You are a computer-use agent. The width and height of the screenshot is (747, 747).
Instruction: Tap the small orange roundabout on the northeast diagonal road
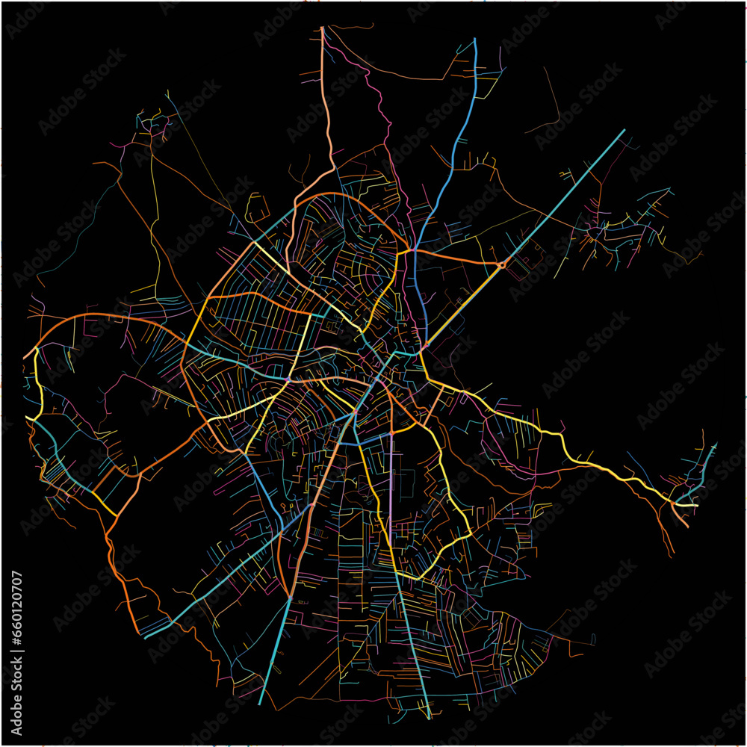(502, 264)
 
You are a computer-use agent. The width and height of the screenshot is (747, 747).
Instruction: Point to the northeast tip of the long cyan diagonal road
(623, 131)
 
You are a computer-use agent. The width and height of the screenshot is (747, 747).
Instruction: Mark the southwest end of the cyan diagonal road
(145, 637)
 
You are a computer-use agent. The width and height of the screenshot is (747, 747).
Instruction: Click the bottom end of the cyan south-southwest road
(260, 703)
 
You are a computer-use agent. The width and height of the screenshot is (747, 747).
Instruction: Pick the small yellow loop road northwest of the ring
(257, 205)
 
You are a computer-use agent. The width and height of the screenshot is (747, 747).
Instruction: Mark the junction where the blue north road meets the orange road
(412, 250)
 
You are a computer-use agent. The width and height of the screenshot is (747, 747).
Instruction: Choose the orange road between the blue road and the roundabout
(456, 258)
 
